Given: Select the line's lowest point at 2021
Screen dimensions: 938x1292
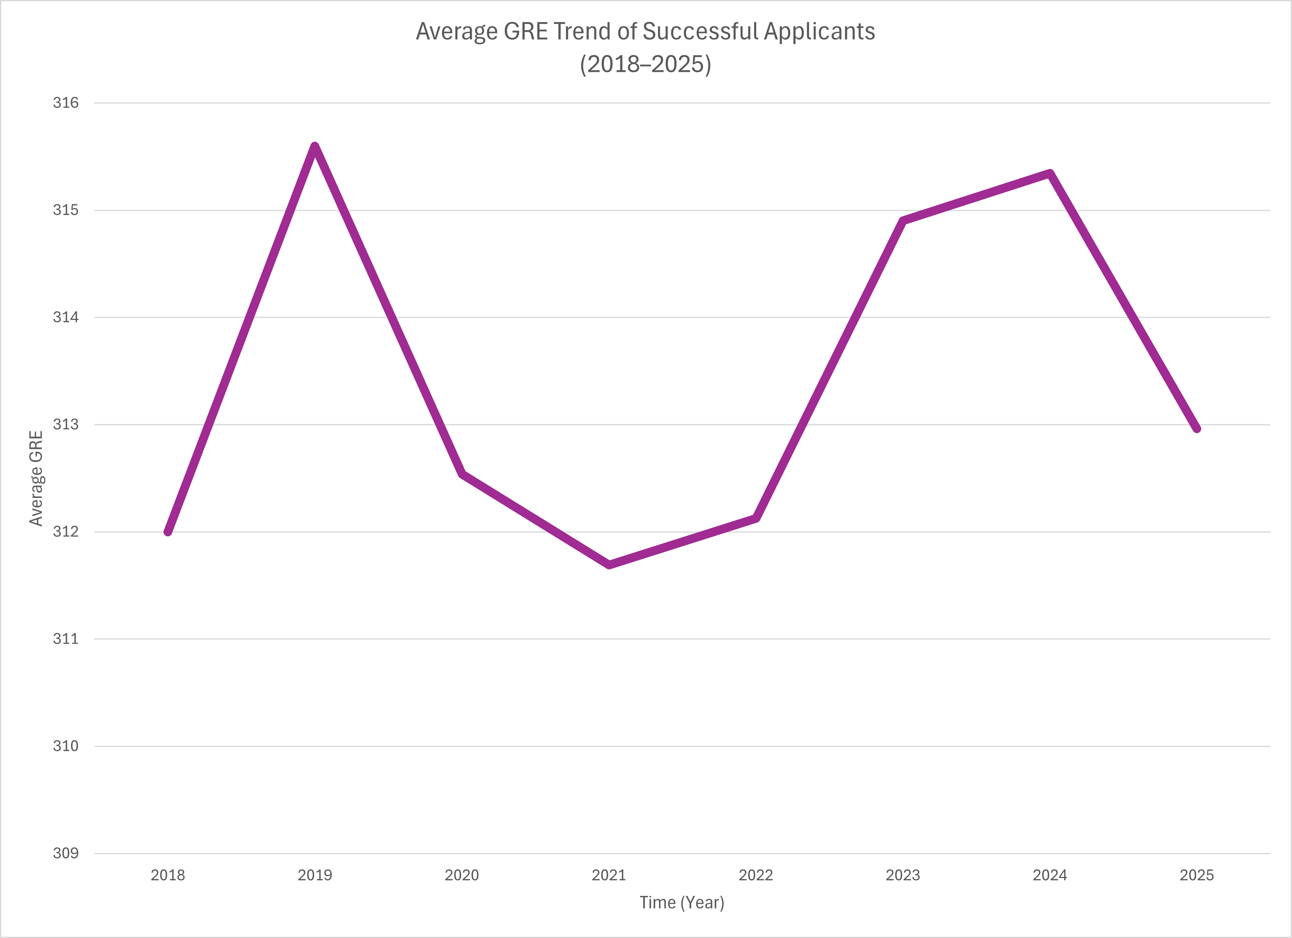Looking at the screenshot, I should tap(609, 565).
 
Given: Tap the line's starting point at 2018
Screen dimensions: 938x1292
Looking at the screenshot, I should tap(168, 532).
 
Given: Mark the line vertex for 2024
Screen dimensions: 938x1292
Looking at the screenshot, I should tap(1049, 173).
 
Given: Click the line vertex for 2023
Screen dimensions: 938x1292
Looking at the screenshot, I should tap(903, 220).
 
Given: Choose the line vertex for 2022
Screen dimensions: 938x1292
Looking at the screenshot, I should tap(756, 518).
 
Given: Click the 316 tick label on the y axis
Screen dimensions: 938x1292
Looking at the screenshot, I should tap(66, 102).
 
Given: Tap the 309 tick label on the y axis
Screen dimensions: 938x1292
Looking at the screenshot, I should tap(66, 853).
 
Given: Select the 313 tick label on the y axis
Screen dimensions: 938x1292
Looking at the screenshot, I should tap(66, 424).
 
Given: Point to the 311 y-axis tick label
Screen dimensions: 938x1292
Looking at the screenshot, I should tap(66, 639).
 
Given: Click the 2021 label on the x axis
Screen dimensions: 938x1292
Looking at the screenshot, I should tap(609, 875).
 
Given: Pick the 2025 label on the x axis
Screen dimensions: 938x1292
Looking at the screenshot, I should tap(1196, 875).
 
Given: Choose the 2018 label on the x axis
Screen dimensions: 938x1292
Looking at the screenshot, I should tap(168, 875).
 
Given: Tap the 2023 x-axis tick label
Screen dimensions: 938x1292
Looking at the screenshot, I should tap(903, 875).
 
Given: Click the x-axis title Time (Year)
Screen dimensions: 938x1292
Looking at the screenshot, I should tap(682, 902).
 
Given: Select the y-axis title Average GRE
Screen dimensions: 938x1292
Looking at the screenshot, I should tap(36, 478).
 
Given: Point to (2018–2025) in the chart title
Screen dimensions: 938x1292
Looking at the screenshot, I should tap(646, 64).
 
